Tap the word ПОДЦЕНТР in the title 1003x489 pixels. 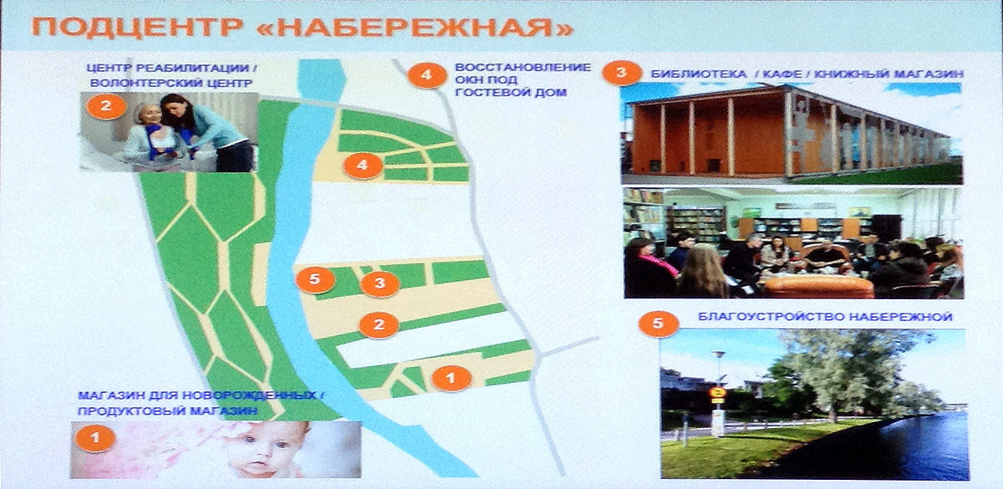[x=137, y=28]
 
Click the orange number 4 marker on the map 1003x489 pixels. [x=363, y=166]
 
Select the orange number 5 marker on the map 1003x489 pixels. [x=315, y=280]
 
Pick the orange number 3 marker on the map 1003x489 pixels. [x=380, y=283]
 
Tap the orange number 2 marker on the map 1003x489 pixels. [x=379, y=324]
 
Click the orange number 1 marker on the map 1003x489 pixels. [x=451, y=379]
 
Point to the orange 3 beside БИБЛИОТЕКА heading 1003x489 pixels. [x=622, y=73]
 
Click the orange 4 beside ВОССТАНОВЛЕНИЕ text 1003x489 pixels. [x=427, y=74]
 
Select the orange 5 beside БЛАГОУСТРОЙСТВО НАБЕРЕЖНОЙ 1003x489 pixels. [x=659, y=323]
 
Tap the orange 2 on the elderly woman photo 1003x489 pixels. [x=106, y=106]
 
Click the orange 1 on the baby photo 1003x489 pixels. [x=95, y=437]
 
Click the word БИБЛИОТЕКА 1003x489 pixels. [x=699, y=74]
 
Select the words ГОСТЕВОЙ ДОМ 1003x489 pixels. [x=511, y=93]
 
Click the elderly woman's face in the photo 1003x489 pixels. [x=150, y=115]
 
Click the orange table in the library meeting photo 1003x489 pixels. [x=818, y=287]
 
